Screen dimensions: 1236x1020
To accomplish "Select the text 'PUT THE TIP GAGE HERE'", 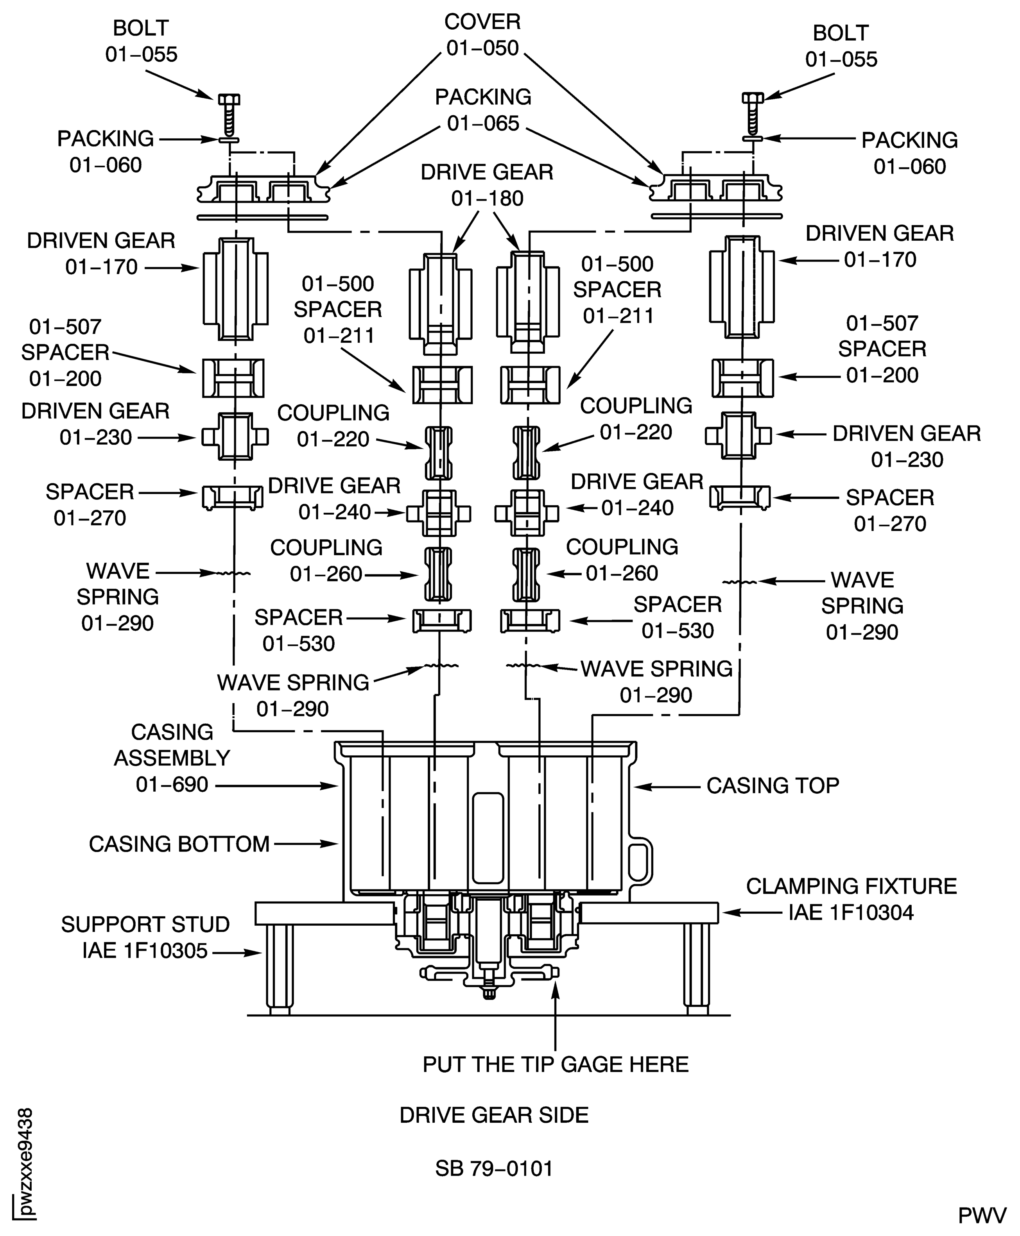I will tap(555, 1064).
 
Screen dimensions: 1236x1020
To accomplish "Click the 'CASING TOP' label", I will tap(772, 785).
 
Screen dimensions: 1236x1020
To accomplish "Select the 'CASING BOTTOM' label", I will tap(179, 844).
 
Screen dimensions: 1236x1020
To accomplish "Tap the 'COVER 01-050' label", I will tap(482, 35).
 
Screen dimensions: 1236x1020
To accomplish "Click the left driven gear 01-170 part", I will tap(236, 289).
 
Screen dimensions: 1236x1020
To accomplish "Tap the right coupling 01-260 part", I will tap(527, 575).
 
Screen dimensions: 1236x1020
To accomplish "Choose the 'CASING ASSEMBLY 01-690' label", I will tap(172, 758).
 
